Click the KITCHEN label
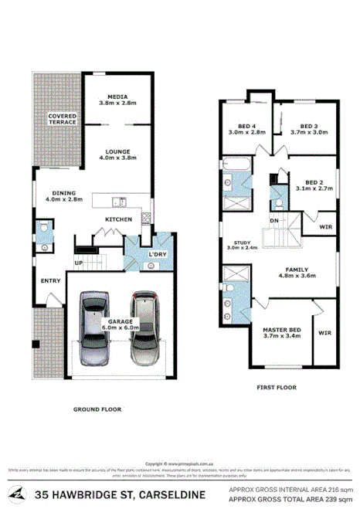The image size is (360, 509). click(118, 220)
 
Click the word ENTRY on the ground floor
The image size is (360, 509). click(50, 280)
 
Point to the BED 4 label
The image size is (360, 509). click(246, 129)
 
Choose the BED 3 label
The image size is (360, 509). click(309, 129)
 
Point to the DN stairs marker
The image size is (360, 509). click(273, 221)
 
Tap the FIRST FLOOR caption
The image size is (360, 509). click(276, 387)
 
